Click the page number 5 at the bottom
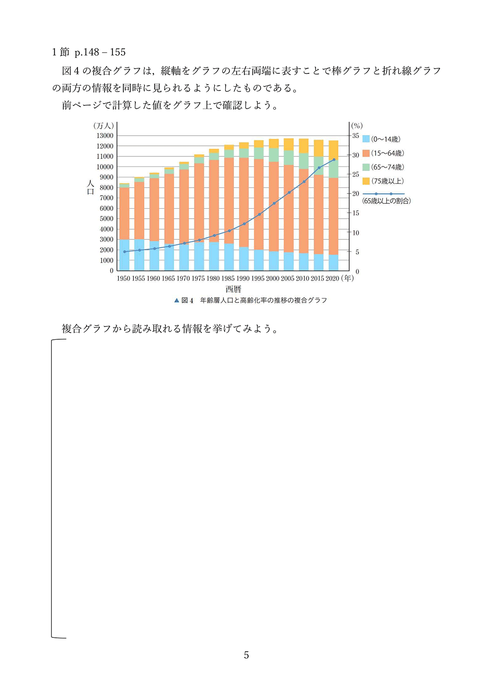[x=246, y=655]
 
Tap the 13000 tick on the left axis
[x=105, y=136]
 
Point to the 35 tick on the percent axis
[x=355, y=136]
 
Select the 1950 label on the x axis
[x=123, y=278]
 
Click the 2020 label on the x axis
[x=332, y=278]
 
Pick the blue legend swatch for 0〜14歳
[x=366, y=139]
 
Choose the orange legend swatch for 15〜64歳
[x=366, y=153]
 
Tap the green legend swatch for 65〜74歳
[x=366, y=167]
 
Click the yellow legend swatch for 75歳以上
[x=366, y=181]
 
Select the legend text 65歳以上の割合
[x=387, y=201]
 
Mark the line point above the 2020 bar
[x=334, y=160]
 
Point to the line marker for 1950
[x=124, y=252]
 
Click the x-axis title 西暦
[x=233, y=289]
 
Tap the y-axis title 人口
[x=90, y=187]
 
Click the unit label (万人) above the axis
[x=104, y=126]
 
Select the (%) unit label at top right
[x=357, y=126]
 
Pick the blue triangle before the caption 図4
[x=177, y=301]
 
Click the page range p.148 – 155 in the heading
[x=100, y=52]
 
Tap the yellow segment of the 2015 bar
[x=319, y=148]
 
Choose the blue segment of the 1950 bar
[x=124, y=255]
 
